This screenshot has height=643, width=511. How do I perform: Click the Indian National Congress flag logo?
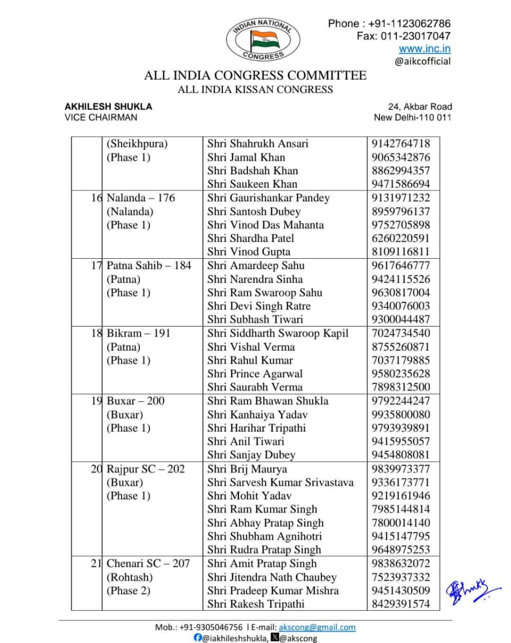[x=263, y=40]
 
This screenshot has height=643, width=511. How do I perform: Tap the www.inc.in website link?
[x=424, y=49]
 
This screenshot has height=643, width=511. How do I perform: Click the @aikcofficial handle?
[x=422, y=61]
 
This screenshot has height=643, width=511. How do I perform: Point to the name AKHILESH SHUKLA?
[x=108, y=106]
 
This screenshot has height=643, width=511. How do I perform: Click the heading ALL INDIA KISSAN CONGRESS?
[x=255, y=89]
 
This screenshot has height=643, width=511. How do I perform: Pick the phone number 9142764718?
[x=401, y=144]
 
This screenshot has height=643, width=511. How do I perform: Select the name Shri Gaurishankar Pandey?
[x=268, y=198]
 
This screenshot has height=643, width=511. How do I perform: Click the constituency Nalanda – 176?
[x=141, y=198]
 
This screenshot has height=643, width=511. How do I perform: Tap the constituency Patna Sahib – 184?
[x=149, y=266]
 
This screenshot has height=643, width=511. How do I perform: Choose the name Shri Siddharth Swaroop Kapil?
[x=278, y=333]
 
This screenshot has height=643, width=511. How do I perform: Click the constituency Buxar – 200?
[x=136, y=401]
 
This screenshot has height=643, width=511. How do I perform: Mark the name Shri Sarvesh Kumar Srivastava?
[x=280, y=483]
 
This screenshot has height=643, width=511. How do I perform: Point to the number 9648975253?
[x=401, y=550]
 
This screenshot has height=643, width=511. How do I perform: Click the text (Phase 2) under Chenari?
[x=129, y=591]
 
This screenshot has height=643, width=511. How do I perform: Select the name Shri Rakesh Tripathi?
[x=255, y=604]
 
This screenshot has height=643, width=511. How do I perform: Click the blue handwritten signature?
[x=472, y=591]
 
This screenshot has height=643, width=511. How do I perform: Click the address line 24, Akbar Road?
[x=420, y=106]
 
